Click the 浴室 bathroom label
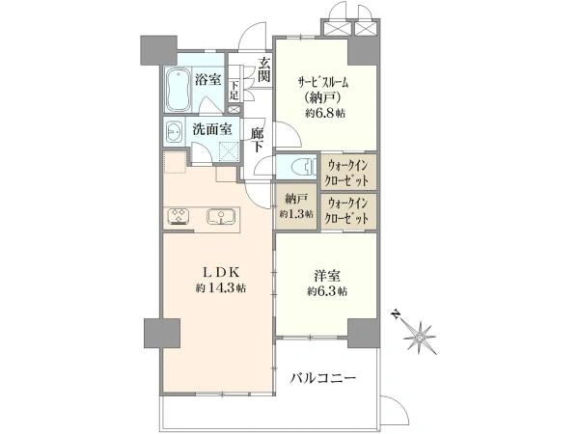[x=207, y=79]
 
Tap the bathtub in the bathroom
[x=178, y=89]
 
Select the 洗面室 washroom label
[x=212, y=129]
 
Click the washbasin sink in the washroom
[x=174, y=131]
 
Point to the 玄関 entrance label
[x=264, y=70]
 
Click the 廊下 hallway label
[x=258, y=140]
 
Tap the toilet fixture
[x=304, y=168]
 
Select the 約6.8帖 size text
[x=325, y=113]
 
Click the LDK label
[x=221, y=272]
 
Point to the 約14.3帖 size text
[x=221, y=287]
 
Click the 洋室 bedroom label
[x=327, y=276]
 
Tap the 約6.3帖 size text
[x=327, y=291]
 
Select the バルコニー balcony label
[x=322, y=378]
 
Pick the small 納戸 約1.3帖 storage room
[x=296, y=207]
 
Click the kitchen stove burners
[x=179, y=216]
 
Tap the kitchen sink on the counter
[x=221, y=217]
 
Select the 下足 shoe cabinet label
[x=234, y=90]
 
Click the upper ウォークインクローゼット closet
[x=348, y=172]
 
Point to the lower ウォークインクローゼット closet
[x=348, y=211]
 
